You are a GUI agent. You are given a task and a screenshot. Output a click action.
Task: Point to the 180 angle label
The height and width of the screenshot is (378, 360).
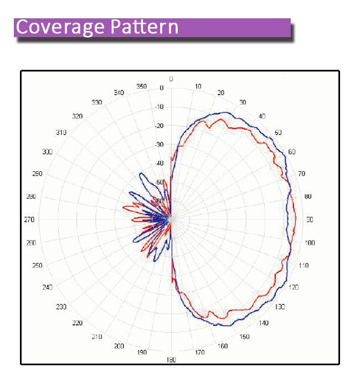pos(171,360)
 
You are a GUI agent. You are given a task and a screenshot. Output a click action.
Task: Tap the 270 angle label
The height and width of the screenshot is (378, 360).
pos(29,219)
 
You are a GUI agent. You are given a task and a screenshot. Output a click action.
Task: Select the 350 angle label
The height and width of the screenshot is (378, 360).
pos(142,86)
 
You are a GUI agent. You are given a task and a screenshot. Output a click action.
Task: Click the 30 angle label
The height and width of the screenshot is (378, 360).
pos(242,103)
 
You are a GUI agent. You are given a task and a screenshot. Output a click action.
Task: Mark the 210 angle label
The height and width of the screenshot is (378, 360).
pos(96,337)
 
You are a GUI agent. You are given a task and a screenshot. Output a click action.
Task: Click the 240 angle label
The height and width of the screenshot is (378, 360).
pos(47,287)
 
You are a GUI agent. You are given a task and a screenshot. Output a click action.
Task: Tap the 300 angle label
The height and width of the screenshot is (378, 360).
pos(47,152)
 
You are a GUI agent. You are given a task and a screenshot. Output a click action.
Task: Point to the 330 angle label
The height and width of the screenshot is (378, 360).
pos(97,102)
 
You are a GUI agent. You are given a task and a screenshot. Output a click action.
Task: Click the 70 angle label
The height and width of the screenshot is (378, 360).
pos(301,173)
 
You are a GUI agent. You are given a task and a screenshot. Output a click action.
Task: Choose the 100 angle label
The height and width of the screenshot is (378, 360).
pos(310,243)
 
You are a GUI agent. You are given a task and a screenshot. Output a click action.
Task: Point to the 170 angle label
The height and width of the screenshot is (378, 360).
pos(200,353)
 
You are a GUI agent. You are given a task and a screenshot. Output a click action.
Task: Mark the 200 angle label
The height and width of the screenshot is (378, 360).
pos(118,346)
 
